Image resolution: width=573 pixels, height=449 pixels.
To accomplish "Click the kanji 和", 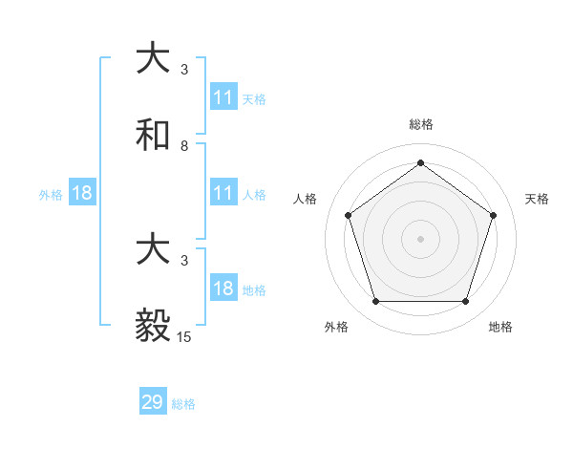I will (x=154, y=136).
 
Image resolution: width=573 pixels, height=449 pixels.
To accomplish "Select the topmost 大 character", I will (x=154, y=59).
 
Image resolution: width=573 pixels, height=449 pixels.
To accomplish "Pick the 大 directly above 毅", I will (x=154, y=250).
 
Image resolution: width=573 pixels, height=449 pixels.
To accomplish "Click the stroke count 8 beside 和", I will (x=184, y=146).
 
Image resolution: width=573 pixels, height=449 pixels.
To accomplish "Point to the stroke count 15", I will (x=184, y=337).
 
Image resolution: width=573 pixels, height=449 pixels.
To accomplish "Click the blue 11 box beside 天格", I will (x=223, y=97).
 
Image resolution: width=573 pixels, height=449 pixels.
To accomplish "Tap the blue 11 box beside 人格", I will (x=223, y=193).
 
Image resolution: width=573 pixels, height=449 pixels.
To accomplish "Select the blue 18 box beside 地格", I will (x=223, y=289).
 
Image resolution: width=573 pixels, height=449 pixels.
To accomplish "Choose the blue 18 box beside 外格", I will (x=82, y=193).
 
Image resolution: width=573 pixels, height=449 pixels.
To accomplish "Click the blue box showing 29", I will (x=153, y=402).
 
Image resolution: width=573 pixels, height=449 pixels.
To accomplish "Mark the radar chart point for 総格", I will (x=420, y=162).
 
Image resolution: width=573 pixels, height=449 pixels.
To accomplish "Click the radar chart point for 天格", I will (x=494, y=215).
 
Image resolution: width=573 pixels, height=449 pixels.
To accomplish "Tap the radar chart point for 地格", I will (x=465, y=301).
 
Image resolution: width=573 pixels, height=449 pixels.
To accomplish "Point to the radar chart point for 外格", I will (x=375, y=301).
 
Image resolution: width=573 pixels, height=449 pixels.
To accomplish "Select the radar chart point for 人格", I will (x=348, y=215).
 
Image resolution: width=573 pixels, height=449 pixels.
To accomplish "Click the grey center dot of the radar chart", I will (x=420, y=238).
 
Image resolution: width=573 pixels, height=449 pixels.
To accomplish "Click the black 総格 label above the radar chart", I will (x=420, y=124).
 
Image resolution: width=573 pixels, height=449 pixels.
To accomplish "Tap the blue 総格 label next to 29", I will (x=183, y=404).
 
